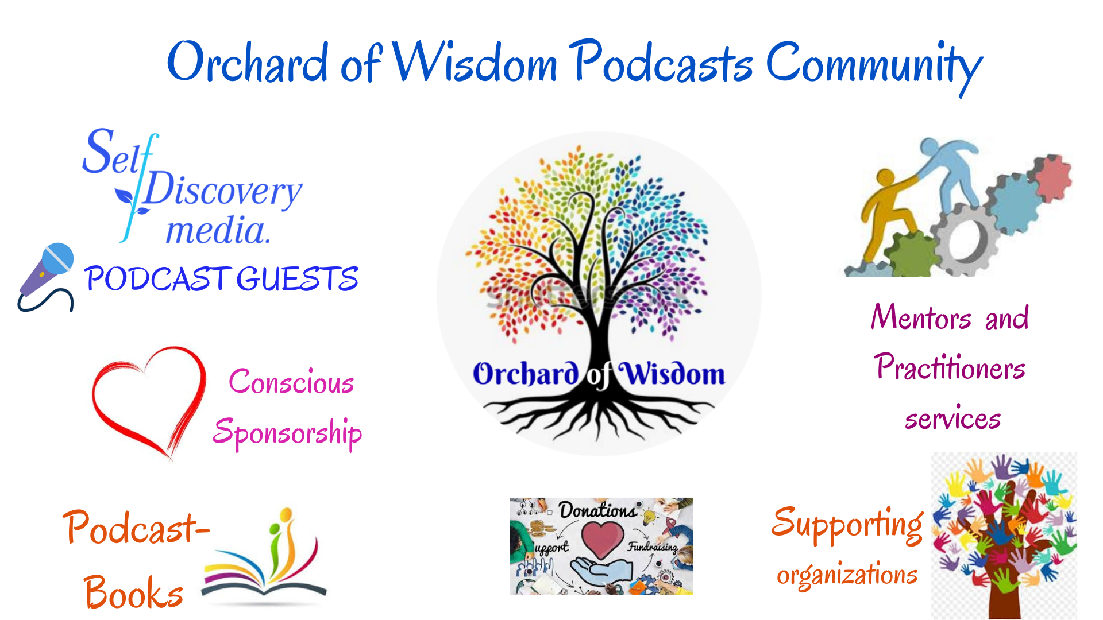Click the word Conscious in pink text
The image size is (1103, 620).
tap(291, 382)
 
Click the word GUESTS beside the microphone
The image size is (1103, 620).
tap(297, 280)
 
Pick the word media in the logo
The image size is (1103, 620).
tap(217, 231)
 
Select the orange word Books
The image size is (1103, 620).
tap(133, 593)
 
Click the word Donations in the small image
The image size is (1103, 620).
tap(597, 510)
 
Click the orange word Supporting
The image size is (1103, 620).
tap(847, 524)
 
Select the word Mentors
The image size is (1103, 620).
tap(921, 317)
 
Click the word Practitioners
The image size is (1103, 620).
tap(949, 367)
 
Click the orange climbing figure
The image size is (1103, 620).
tap(888, 212)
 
